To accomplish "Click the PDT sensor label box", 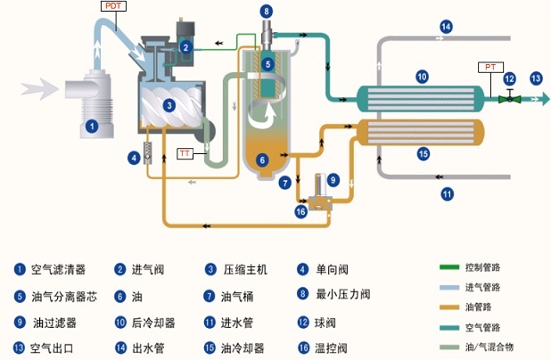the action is click(113, 6).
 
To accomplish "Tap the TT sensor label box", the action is click(185, 153).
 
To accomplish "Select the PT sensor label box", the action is click(490, 67).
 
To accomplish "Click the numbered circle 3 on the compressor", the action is click(169, 105).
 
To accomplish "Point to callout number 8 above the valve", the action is click(267, 12).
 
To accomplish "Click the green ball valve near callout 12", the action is click(510, 98).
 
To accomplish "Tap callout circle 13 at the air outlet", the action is click(536, 78).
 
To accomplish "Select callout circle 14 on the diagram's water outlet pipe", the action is click(446, 27).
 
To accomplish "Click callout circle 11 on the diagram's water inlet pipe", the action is click(447, 194).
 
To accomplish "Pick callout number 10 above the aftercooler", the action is click(422, 77).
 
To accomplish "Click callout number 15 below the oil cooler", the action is click(424, 154).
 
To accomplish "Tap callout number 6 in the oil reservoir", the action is click(262, 160).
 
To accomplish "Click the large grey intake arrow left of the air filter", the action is click(39, 88).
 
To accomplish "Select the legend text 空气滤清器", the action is click(58, 270).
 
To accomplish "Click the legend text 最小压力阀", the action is click(343, 294).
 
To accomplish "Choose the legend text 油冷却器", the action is click(243, 348).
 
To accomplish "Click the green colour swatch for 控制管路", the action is click(449, 267).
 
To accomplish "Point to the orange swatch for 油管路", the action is click(449, 307).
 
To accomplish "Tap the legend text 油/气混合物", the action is click(489, 348).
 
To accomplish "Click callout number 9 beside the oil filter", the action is click(333, 181).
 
